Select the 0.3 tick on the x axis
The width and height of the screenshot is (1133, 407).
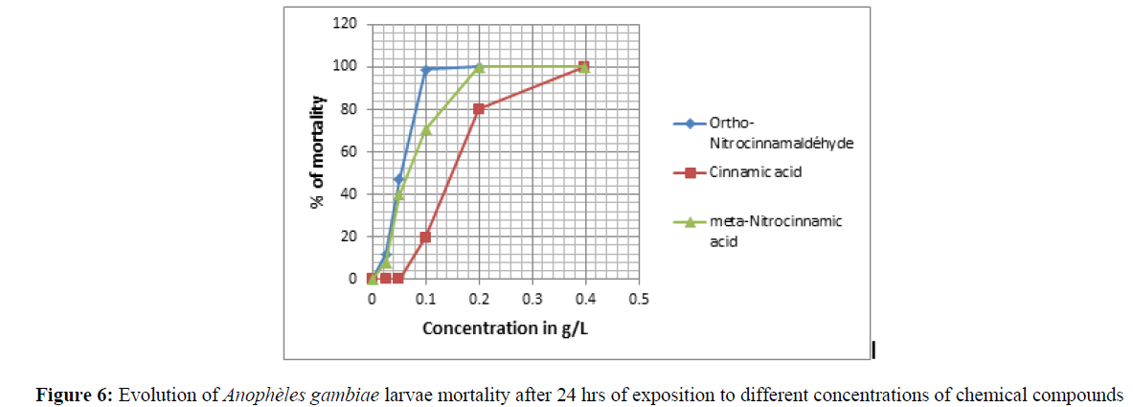tap(532, 298)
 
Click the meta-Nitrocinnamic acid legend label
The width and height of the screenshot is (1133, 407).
tap(775, 231)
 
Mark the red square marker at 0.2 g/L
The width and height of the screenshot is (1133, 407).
tap(479, 109)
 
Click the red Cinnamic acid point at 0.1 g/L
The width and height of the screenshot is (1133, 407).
tap(425, 237)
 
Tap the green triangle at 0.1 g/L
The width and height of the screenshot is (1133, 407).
tap(426, 129)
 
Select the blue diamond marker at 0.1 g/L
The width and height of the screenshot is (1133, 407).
tap(425, 69)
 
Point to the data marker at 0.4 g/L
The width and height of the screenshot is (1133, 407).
tap(584, 67)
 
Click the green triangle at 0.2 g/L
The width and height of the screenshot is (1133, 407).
tap(479, 67)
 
